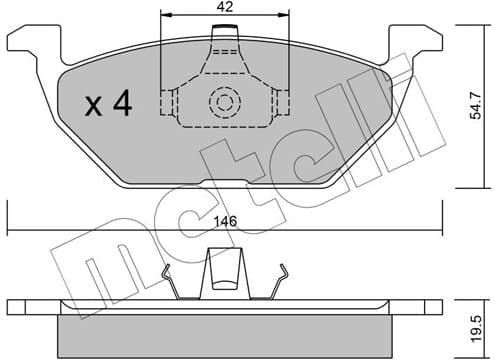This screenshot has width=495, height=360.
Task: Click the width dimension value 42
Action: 225,7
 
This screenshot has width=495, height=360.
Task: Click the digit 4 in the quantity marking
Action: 124,102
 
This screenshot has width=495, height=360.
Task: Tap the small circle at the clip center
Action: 225,101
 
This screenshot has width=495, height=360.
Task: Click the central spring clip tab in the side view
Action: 225,271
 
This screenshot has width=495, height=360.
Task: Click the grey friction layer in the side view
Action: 225,330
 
